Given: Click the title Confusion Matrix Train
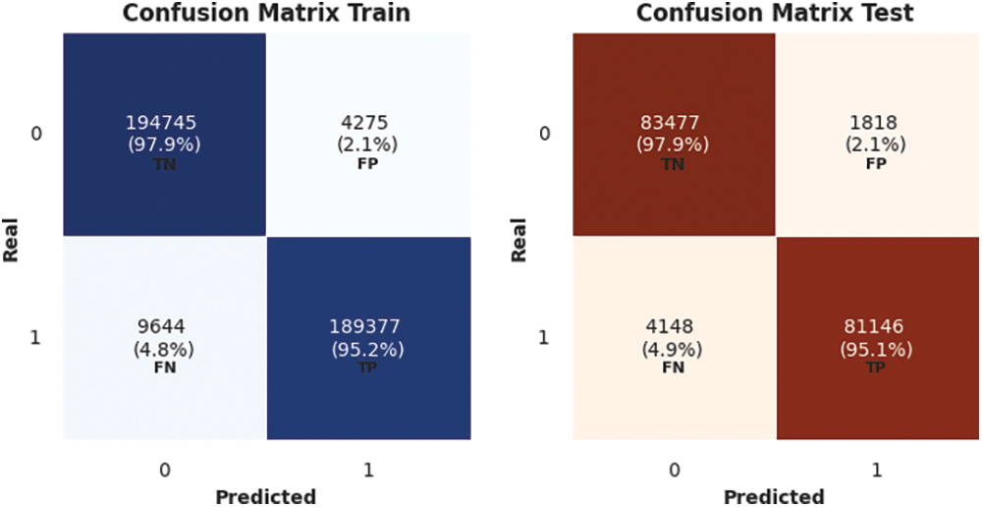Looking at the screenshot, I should point(265,14).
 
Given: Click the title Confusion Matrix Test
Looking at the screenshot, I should point(775,14).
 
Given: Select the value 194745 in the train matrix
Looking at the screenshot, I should point(162,123).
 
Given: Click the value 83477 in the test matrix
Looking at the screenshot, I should point(673,123).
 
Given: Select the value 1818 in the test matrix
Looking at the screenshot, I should point(877,123).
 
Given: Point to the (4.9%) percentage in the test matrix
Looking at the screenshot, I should point(674,348).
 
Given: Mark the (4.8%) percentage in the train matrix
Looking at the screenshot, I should point(163,348).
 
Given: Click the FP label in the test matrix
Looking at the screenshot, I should point(877,163).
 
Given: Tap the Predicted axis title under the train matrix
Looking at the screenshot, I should point(265,495).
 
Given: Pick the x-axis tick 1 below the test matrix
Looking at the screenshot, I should point(877,471).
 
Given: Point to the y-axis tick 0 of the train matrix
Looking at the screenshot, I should point(36,134).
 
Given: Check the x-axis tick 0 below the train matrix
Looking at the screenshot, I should point(164,471).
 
